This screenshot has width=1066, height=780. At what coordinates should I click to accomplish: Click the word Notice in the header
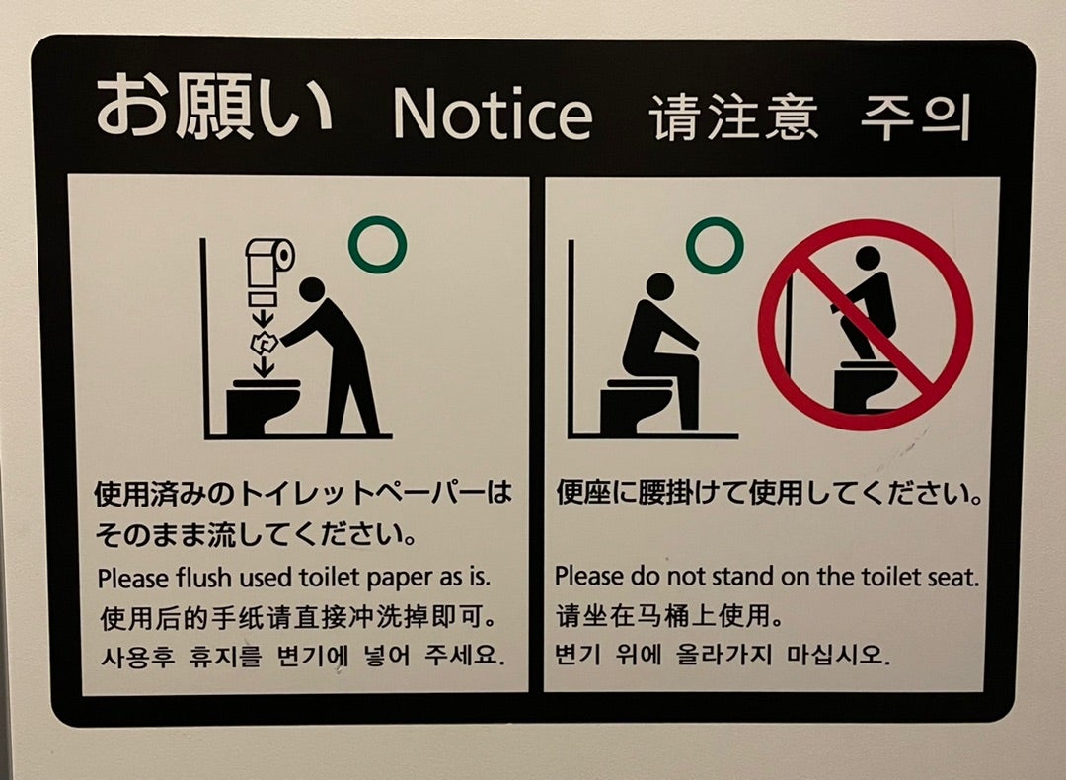point(493,117)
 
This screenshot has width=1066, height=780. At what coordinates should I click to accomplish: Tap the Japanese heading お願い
point(213,109)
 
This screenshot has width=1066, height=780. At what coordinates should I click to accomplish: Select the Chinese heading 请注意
point(733,118)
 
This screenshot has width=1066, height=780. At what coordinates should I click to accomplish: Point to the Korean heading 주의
point(915,118)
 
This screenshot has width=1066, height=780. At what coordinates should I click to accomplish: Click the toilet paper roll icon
point(269,258)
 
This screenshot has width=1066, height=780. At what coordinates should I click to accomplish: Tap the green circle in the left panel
point(377,245)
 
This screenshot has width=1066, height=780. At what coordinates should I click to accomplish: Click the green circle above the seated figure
point(715,245)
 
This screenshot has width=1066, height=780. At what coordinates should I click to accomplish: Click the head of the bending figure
point(311,289)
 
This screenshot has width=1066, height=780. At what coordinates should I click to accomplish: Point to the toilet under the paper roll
point(262,405)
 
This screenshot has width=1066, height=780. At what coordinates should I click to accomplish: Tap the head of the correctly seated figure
point(659,286)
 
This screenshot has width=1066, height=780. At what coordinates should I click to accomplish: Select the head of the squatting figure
point(868,259)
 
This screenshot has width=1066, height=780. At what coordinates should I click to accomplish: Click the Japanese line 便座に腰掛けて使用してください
point(769,492)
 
